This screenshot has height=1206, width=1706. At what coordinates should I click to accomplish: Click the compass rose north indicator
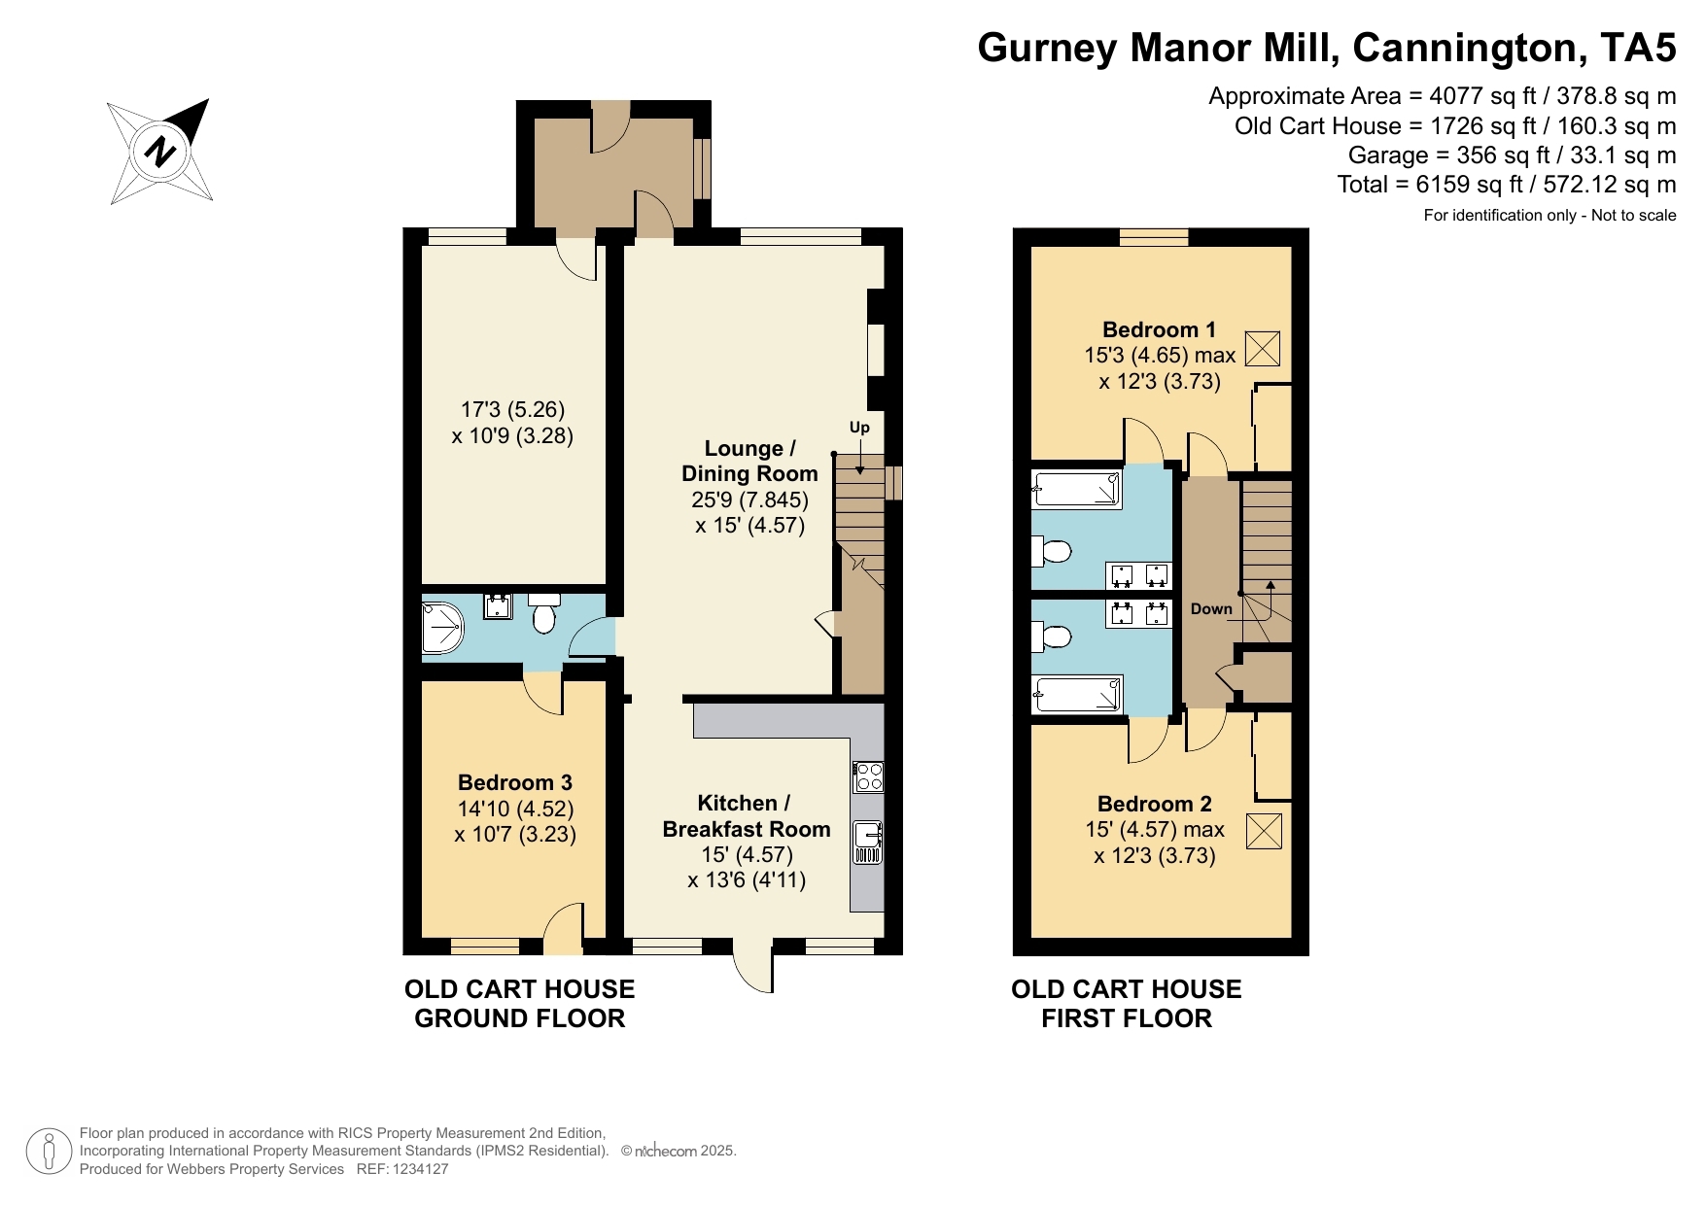click(160, 152)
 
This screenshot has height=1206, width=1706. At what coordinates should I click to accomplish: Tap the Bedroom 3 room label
click(515, 782)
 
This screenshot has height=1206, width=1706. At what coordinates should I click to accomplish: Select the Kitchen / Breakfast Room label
click(746, 816)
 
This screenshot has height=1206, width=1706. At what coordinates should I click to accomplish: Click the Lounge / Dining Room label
click(749, 461)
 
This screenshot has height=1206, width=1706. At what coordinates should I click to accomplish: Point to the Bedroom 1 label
click(1159, 329)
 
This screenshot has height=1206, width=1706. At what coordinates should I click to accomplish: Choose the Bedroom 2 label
click(1154, 804)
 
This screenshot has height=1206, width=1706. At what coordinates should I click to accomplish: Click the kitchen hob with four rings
click(868, 776)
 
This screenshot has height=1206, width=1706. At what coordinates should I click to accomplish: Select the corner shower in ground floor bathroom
click(443, 627)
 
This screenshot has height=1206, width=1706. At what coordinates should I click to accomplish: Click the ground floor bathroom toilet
click(543, 613)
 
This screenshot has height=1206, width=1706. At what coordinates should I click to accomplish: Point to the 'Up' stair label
click(859, 428)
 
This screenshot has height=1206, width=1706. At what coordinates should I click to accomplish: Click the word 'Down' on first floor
click(1211, 609)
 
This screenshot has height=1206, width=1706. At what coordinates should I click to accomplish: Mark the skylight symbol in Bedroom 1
click(1262, 349)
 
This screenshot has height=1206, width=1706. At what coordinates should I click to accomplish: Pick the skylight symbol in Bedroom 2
click(1263, 831)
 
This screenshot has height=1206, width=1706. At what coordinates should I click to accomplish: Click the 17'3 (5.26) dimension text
click(512, 409)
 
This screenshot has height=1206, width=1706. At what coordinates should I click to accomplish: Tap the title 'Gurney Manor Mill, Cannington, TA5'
click(1327, 47)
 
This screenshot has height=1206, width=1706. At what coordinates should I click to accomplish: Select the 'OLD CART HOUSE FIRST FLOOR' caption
click(1127, 1004)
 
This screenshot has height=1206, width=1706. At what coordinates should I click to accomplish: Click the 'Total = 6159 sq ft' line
click(1507, 185)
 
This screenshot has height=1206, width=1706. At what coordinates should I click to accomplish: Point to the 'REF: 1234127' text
click(402, 1169)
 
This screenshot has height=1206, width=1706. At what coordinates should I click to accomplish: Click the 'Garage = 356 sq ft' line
click(1513, 155)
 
